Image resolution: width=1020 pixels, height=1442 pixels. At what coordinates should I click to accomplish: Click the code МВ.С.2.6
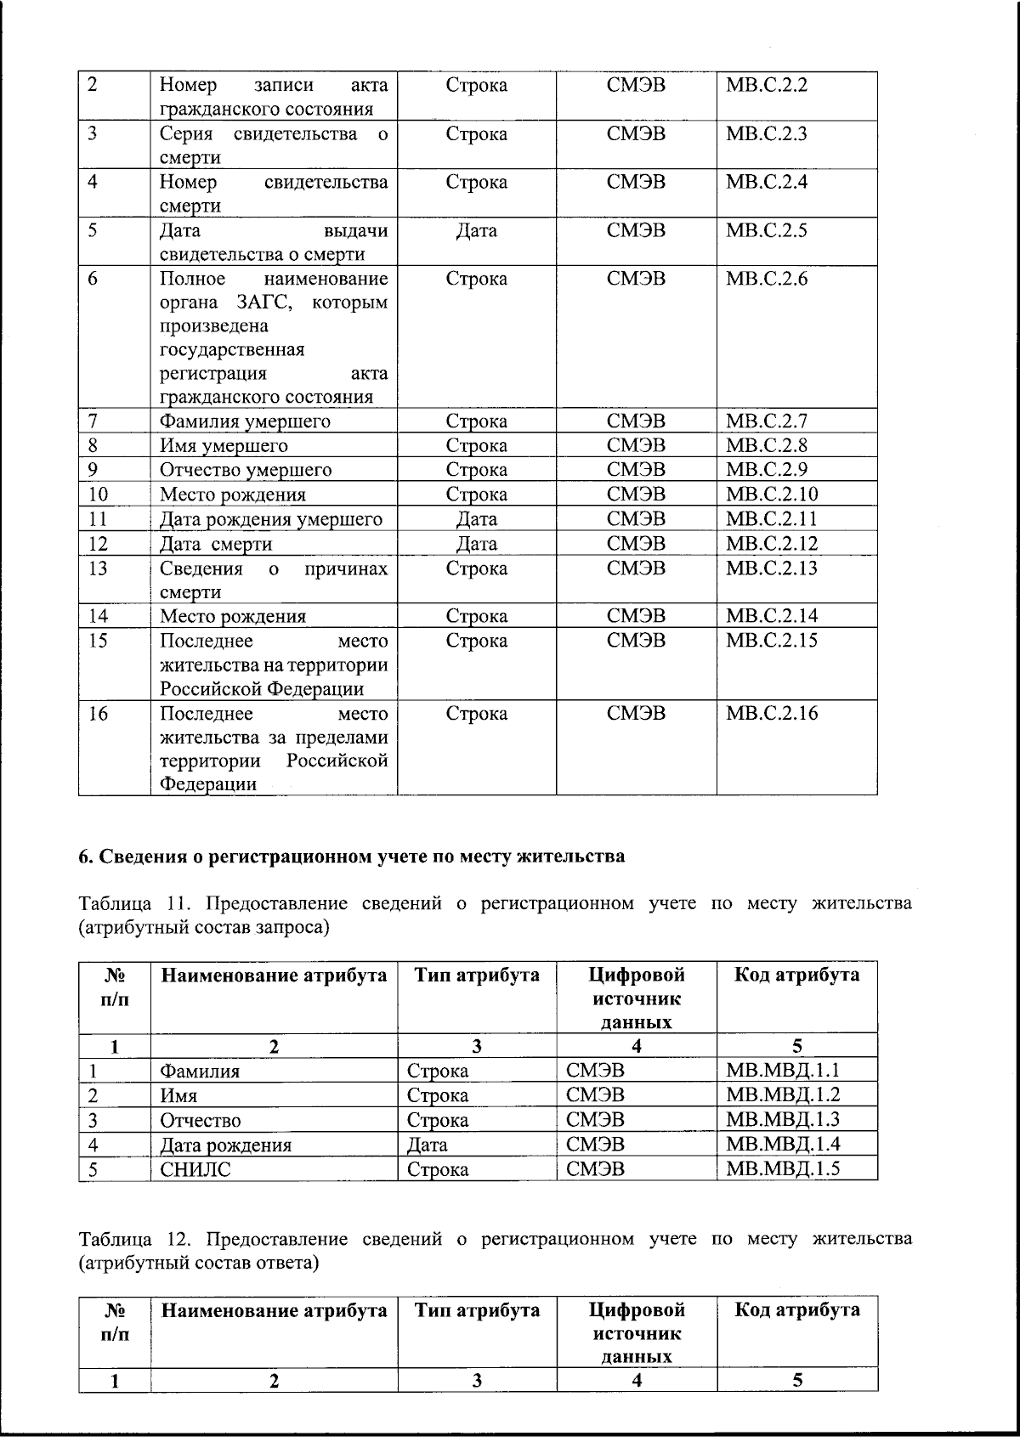[x=766, y=279]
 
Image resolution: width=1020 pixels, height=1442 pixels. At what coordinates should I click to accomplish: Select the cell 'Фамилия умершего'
[x=245, y=421]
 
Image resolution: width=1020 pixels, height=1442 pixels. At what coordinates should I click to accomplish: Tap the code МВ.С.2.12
[x=770, y=543]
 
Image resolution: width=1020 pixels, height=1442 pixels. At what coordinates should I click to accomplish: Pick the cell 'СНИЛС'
[x=195, y=1169]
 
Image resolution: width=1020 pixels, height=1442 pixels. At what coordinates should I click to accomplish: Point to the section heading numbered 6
[x=352, y=856]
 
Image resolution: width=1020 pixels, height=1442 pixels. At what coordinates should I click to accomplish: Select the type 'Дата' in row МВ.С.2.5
[x=476, y=231]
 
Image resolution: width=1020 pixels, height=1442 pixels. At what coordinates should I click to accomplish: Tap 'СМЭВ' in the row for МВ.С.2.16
[x=636, y=714]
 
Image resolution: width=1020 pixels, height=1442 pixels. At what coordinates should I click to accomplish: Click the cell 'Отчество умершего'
[x=246, y=470]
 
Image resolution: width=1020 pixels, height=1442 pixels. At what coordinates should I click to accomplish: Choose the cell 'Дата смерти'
[x=216, y=544]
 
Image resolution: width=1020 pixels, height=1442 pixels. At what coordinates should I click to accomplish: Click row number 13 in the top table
[x=99, y=568]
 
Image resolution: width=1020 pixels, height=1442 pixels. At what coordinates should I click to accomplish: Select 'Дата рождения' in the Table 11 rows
[x=225, y=1145]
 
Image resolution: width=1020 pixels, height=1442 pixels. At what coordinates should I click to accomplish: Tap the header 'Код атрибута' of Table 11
[x=796, y=975]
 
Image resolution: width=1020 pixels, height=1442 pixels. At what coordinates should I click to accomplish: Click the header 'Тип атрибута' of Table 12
[x=477, y=1309]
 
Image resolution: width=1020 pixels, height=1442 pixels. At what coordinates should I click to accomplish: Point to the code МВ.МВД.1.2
[x=783, y=1094]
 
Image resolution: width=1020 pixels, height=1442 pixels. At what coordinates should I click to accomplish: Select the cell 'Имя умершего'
[x=224, y=446]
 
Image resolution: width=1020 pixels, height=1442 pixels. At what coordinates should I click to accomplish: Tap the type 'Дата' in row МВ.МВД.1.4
[x=428, y=1145]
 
